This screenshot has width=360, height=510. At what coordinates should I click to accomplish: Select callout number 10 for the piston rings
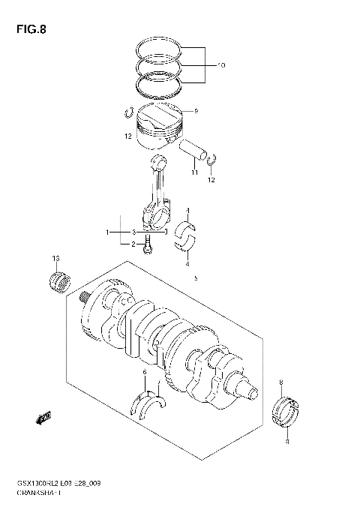point(220,66)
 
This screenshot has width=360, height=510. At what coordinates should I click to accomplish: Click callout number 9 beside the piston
point(196,111)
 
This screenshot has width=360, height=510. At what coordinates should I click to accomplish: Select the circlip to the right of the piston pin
point(212,159)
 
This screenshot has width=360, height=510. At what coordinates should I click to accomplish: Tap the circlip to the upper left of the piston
point(129,112)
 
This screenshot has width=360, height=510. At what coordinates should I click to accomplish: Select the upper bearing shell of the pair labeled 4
point(187,226)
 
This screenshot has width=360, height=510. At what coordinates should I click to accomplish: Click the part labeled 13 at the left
point(58,286)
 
